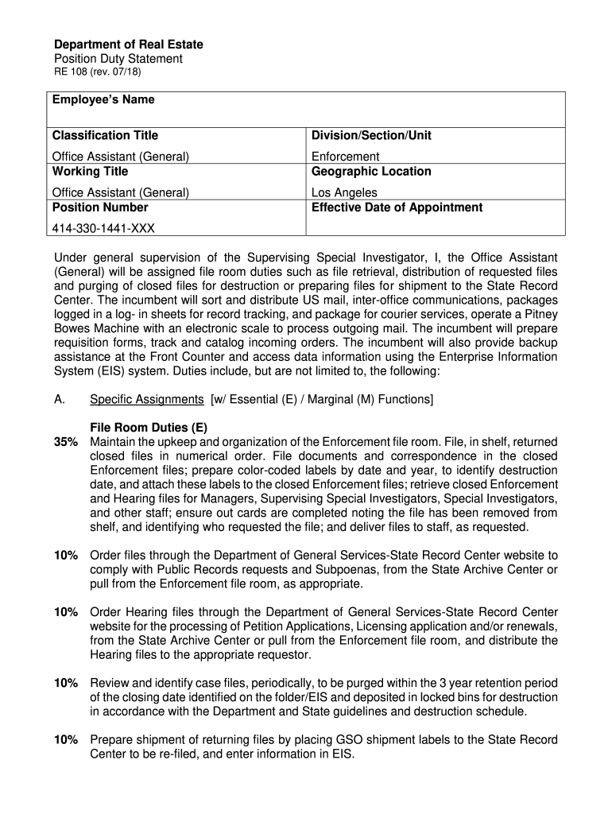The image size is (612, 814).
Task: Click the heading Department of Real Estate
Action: point(128,45)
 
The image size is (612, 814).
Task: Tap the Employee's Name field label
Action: point(103,100)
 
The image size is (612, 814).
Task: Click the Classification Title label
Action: point(105,136)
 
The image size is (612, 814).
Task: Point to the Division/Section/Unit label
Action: point(371,136)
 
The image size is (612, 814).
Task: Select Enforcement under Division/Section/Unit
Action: point(345,157)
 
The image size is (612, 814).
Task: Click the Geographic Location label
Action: point(371,172)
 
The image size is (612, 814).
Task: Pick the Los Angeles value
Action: point(344,192)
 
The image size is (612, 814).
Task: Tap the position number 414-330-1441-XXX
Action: point(103,228)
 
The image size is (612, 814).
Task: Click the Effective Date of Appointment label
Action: point(397,207)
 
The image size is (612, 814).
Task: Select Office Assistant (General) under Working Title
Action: point(120,192)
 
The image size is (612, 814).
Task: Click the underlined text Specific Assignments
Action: point(147,399)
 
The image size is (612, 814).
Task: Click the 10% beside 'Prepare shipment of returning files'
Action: point(66,740)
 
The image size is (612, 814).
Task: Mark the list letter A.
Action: point(59,399)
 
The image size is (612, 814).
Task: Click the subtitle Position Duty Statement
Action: point(118,59)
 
